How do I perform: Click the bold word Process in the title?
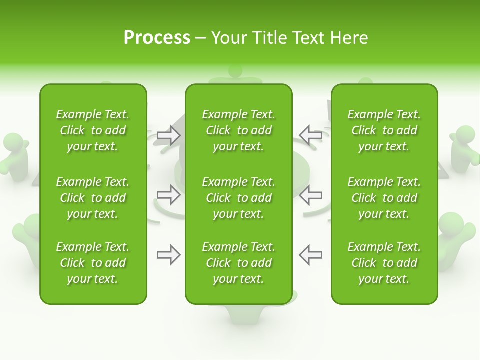point(157,38)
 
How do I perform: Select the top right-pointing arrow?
point(169,135)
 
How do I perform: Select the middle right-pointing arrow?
point(169,195)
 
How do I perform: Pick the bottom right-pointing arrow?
point(169,255)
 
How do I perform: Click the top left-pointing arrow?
point(310,135)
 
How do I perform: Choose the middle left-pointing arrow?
point(310,195)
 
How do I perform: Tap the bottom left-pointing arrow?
point(310,255)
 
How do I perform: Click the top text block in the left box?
point(93,130)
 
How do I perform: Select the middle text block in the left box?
point(93,198)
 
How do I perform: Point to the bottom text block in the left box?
point(93,263)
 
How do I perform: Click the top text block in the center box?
point(238,130)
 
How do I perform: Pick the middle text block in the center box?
point(238,198)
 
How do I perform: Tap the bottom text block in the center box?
point(238,263)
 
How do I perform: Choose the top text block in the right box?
point(384,130)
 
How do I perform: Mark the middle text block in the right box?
point(384,198)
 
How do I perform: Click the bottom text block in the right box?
point(384,263)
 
